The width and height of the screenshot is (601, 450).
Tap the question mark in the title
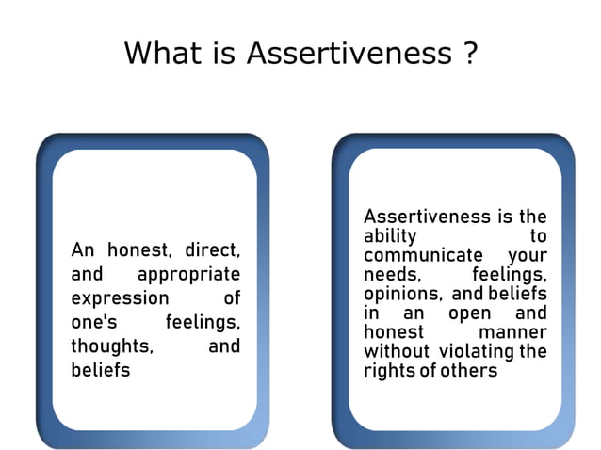click(x=470, y=53)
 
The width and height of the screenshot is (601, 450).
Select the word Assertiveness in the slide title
click(x=349, y=53)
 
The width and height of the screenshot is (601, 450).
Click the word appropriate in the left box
click(x=188, y=275)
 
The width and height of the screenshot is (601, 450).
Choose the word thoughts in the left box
click(x=112, y=346)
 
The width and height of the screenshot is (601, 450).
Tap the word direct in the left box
click(x=212, y=250)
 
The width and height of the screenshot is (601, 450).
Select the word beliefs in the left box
click(x=101, y=370)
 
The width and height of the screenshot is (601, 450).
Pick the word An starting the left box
click(x=83, y=250)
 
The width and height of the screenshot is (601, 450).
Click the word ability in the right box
click(x=389, y=236)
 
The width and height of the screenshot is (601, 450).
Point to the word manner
click(x=512, y=332)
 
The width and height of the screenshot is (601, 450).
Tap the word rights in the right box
click(x=387, y=370)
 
